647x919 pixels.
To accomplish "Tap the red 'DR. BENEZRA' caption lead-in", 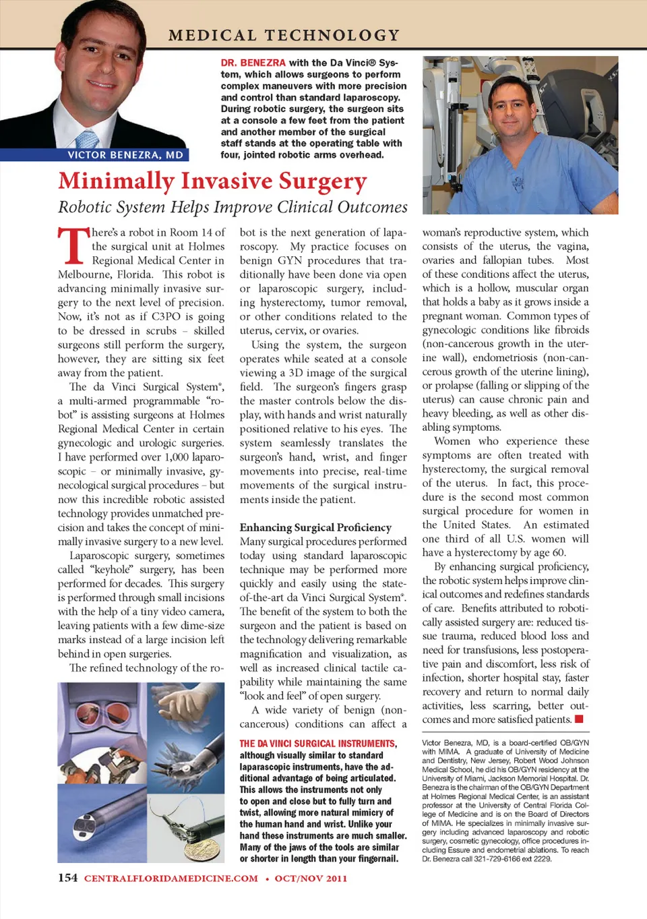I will click(253, 63).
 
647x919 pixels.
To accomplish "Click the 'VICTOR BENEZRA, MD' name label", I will click(125, 155).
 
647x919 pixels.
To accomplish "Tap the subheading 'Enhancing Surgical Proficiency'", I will click(315, 527).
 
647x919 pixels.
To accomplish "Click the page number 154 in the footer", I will click(67, 878).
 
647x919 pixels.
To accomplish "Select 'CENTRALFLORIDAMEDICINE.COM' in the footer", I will click(171, 879).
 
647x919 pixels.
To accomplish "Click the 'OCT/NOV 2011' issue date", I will click(311, 879).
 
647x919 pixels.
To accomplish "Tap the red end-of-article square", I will click(579, 719).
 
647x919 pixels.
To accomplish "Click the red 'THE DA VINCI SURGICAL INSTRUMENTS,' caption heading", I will click(318, 744).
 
